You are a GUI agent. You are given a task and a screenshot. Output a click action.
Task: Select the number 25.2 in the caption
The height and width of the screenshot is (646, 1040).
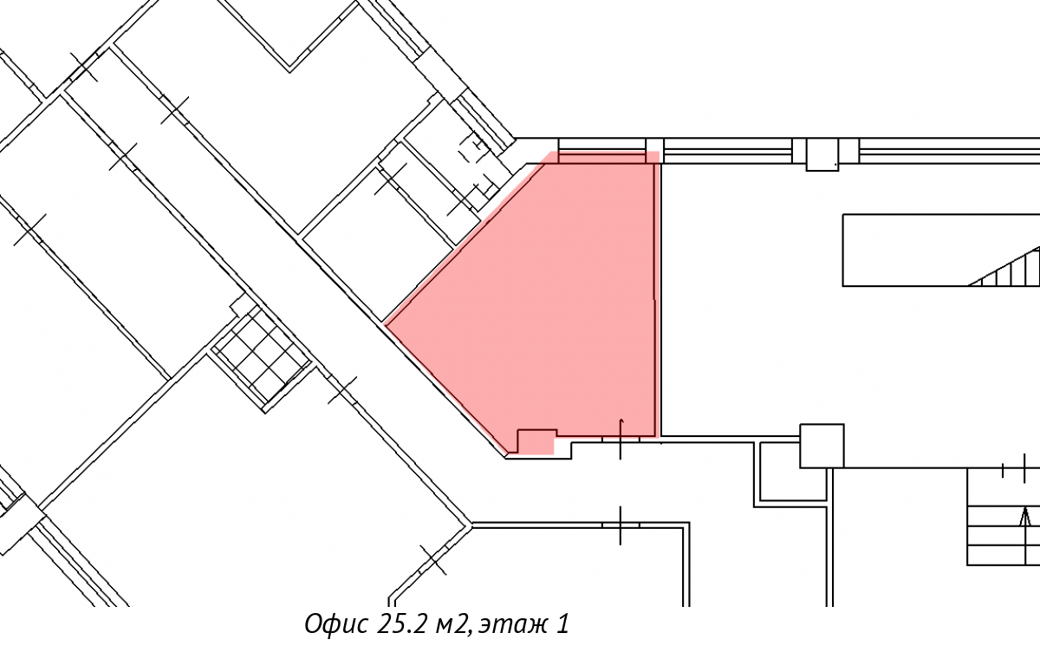[402, 623]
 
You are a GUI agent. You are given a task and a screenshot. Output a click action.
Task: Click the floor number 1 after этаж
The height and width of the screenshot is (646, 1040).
[562, 623]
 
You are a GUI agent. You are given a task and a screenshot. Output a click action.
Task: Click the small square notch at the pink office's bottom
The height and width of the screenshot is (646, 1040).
[536, 441]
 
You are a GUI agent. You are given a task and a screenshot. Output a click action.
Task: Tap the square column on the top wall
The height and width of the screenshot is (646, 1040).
[822, 154]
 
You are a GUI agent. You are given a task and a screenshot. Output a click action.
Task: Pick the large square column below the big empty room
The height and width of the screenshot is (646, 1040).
[822, 446]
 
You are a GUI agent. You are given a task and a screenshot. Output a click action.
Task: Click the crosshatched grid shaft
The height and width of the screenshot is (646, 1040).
[261, 358]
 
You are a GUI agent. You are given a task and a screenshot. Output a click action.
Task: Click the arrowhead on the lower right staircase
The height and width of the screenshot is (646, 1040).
[1024, 517]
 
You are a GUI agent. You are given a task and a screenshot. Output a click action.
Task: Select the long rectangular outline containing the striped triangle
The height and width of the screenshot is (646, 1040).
[941, 251]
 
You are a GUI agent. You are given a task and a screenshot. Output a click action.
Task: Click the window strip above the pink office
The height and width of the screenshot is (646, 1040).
[602, 151]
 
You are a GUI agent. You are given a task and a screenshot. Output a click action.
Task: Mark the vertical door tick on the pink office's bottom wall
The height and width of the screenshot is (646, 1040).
[621, 439]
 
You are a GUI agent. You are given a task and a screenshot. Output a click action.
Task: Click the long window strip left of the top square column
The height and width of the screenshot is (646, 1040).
[727, 151]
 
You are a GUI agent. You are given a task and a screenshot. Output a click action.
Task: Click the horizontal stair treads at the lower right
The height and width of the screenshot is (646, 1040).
[1004, 535]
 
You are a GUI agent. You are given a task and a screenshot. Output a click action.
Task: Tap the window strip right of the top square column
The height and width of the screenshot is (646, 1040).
[950, 151]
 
